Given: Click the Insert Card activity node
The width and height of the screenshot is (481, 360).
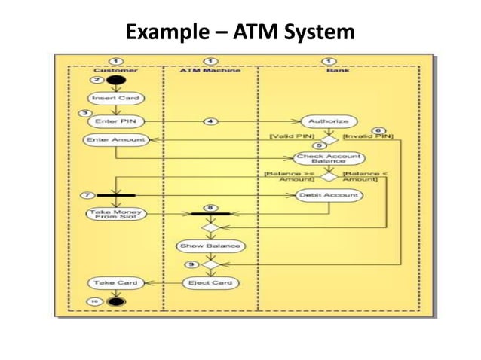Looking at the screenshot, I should (x=115, y=98).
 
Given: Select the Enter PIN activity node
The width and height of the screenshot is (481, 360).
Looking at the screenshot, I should (x=115, y=121).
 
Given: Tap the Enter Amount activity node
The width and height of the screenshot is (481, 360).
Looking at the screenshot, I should (x=115, y=139).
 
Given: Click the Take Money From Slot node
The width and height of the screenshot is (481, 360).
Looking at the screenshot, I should (x=115, y=214).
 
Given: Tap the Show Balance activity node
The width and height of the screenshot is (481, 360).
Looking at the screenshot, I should (x=210, y=246).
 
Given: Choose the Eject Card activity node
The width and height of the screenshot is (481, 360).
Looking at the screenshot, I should (x=210, y=283).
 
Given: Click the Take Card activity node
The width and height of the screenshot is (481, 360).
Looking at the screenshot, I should (x=115, y=283).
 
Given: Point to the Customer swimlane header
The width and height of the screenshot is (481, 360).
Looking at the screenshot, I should (x=115, y=70).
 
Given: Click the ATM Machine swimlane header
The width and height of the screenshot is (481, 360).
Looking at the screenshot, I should (x=210, y=70).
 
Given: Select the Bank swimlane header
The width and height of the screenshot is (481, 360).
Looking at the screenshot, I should (x=337, y=70).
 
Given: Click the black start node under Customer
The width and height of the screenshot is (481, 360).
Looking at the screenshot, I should (x=115, y=80).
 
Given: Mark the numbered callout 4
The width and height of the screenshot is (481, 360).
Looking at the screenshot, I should (x=212, y=121).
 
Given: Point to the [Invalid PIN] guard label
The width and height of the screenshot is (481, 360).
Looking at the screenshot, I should (x=368, y=136).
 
